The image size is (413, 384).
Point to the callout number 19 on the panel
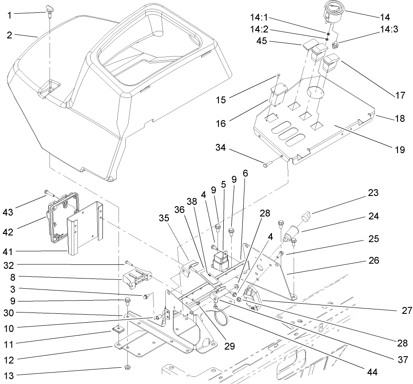pyautogui.click(x=399, y=150)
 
